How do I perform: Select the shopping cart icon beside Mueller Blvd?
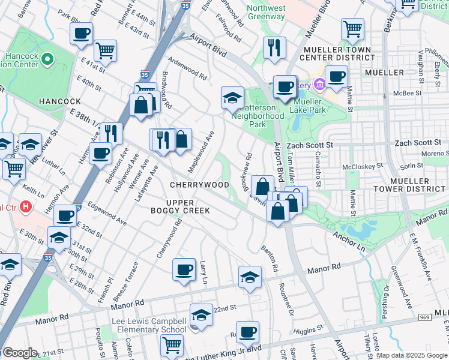pos(352,29)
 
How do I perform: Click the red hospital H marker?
pos(25,207)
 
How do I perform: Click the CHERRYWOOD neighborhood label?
pos(199,185)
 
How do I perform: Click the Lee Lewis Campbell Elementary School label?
pos(149,326)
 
